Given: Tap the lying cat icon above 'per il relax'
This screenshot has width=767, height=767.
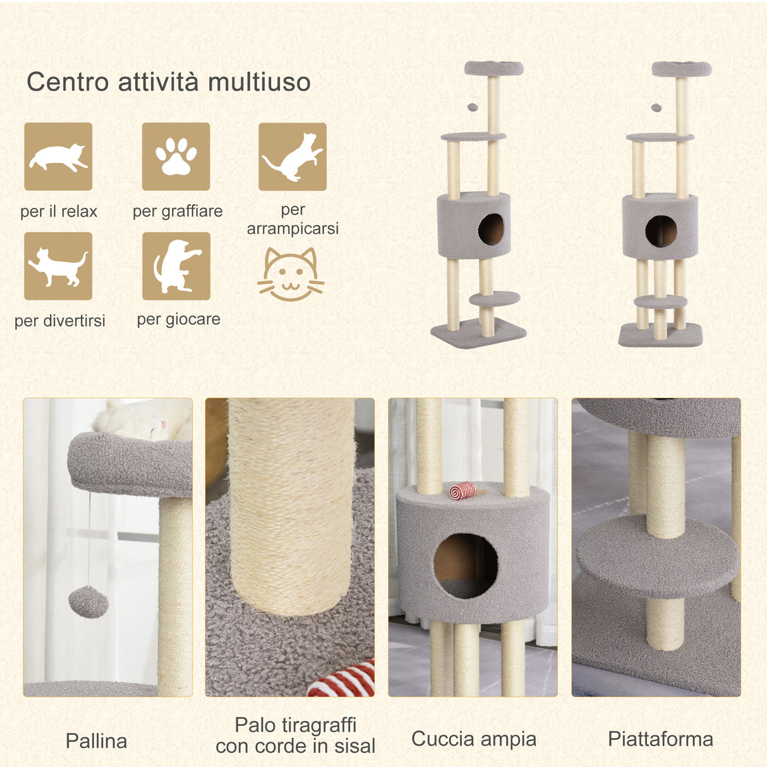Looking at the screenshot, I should pos(58,157).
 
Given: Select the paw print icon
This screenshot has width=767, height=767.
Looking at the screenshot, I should pos(176,157).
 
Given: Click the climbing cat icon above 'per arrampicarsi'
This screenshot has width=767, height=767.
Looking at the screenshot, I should pos(293,157).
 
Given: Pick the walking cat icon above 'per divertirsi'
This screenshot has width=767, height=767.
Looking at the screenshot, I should pos(58,266).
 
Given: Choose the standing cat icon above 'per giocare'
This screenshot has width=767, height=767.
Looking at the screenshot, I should pos(176,266).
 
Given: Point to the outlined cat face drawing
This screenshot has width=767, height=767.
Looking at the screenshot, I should pos(291,275).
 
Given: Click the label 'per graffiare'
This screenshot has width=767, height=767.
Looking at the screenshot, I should pos(178,211).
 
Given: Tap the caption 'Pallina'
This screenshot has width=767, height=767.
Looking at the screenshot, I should pos(96,740).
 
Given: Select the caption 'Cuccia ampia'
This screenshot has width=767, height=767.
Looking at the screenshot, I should pos(474,739).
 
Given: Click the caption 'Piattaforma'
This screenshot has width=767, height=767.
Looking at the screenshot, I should pos(660,739).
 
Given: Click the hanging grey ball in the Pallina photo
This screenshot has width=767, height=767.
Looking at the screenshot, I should pos(88,601).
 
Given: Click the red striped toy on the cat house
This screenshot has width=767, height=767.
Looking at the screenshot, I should pos(462,490).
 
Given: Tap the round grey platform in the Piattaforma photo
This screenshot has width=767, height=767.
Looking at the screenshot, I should pos(657,556).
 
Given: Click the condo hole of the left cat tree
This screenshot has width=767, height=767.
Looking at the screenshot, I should pos(491,229).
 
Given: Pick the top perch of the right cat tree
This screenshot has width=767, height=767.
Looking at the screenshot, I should pos(681,68).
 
